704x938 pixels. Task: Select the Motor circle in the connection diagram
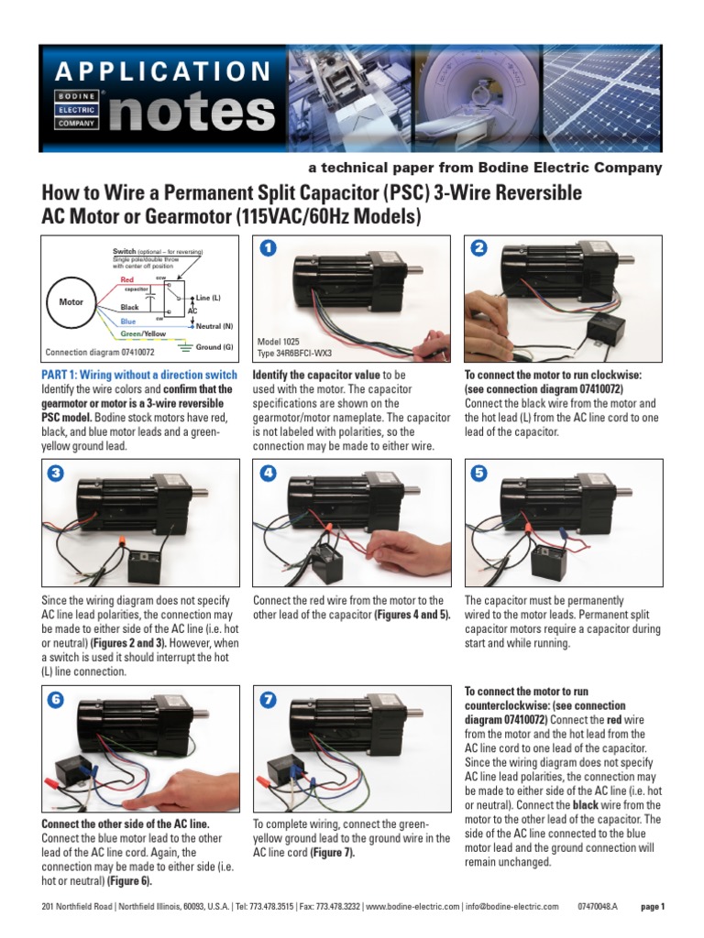[71, 300]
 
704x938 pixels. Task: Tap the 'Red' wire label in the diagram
[127, 278]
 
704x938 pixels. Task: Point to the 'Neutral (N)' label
[214, 326]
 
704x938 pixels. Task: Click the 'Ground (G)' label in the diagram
[214, 347]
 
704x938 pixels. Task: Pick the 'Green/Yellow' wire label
[144, 334]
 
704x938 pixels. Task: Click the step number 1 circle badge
[267, 248]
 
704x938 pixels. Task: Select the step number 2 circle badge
[478, 248]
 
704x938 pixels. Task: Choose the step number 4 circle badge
[267, 474]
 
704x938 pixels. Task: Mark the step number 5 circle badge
[478, 474]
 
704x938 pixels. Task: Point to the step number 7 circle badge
[267, 700]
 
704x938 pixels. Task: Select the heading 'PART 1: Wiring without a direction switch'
[139, 376]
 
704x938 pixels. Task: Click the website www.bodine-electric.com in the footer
[412, 907]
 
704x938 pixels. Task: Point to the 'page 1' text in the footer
[652, 907]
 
